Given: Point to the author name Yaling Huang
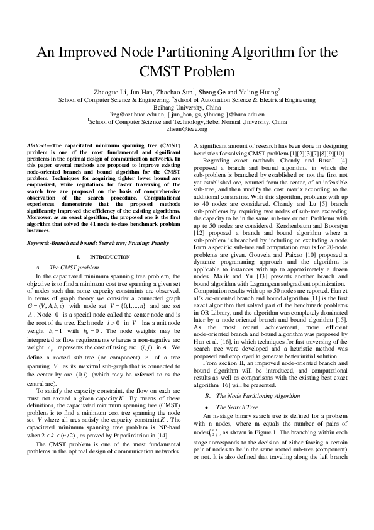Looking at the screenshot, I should [x=265, y=91].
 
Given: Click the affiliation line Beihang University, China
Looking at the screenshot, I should [x=187, y=107].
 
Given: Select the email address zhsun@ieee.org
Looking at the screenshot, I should [x=187, y=128].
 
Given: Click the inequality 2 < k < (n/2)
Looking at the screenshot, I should [x=52, y=435].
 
